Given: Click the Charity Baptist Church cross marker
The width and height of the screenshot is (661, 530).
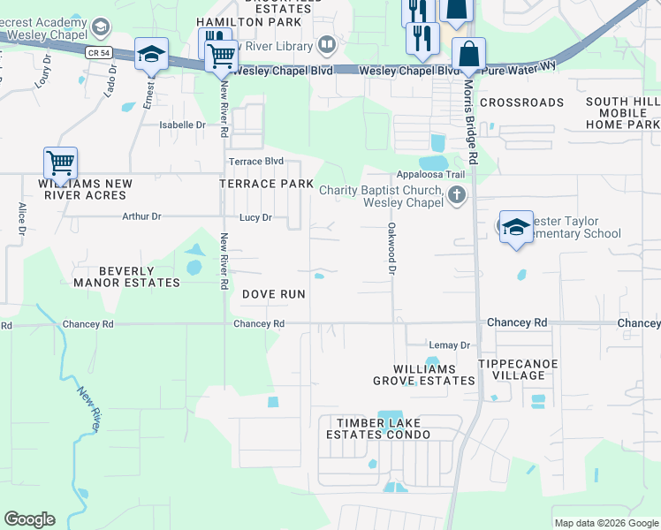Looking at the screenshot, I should click(x=457, y=194).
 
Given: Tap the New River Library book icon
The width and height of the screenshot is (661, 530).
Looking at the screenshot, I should click(x=326, y=46).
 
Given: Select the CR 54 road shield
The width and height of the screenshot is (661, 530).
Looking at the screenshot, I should click(x=100, y=53).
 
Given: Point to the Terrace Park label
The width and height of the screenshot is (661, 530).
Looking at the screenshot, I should click(x=266, y=184).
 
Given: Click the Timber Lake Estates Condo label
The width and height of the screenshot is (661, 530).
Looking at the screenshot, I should click(x=377, y=428).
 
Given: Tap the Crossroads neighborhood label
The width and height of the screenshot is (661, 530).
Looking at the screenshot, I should click(x=521, y=102).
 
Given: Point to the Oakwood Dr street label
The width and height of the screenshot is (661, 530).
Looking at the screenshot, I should click(x=390, y=248).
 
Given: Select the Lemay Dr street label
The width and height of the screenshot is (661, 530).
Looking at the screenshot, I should click(x=449, y=344).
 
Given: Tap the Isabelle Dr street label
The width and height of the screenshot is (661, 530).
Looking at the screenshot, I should click(x=182, y=125).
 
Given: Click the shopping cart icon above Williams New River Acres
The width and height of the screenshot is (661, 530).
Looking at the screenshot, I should click(x=60, y=163).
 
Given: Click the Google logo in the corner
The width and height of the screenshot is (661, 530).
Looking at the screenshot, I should click(x=29, y=519).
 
